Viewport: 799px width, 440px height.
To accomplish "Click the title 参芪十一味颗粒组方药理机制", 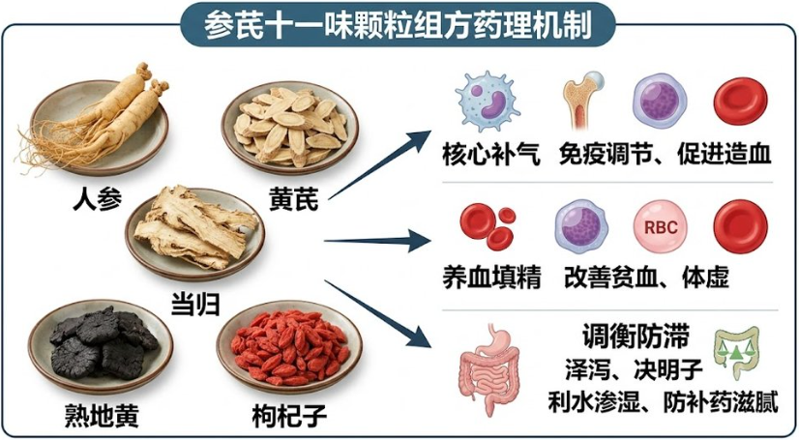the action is pyautogui.click(x=398, y=25).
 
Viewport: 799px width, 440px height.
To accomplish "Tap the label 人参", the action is pyautogui.click(x=98, y=199).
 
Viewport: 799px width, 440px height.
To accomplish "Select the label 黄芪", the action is pyautogui.click(x=293, y=199).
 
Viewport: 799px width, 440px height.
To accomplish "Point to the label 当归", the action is pyautogui.click(x=195, y=305).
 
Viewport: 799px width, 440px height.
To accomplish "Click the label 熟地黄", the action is pyautogui.click(x=102, y=416).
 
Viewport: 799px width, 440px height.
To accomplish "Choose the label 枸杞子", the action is pyautogui.click(x=289, y=416).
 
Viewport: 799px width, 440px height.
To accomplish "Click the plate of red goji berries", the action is pyautogui.click(x=289, y=349).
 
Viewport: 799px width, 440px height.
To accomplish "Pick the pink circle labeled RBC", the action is pyautogui.click(x=661, y=226).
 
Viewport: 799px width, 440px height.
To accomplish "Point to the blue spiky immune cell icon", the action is pyautogui.click(x=487, y=101).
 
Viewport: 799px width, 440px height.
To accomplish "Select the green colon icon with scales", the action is pyautogui.click(x=737, y=353).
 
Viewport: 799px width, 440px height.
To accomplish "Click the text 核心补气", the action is pyautogui.click(x=491, y=155).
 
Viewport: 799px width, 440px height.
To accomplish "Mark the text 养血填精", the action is pyautogui.click(x=491, y=278).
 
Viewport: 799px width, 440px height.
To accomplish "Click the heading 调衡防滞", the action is pyautogui.click(x=636, y=337).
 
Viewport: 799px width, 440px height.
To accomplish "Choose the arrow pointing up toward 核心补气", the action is pyautogui.click(x=379, y=164).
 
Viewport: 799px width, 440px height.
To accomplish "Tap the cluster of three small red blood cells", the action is pyautogui.click(x=488, y=226).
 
